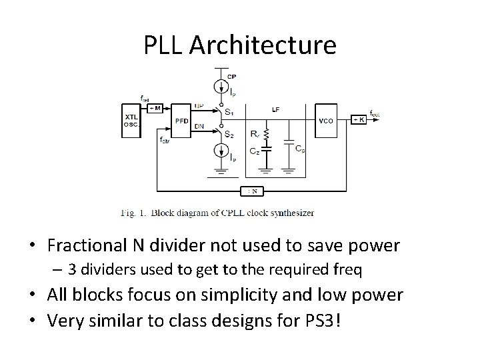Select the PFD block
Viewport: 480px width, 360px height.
(181, 121)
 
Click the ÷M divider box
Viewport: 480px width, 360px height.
(157, 108)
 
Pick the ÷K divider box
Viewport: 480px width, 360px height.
(359, 119)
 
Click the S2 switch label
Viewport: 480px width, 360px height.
(229, 135)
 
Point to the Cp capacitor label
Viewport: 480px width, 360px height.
(301, 149)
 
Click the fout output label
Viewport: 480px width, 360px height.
(375, 114)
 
